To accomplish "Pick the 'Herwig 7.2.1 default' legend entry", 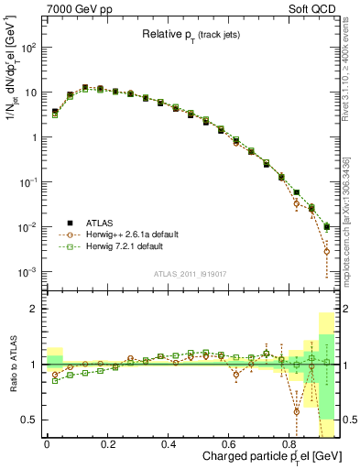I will click(x=120, y=247).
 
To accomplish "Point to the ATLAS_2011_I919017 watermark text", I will click(x=191, y=274).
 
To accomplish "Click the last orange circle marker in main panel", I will click(x=327, y=251).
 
